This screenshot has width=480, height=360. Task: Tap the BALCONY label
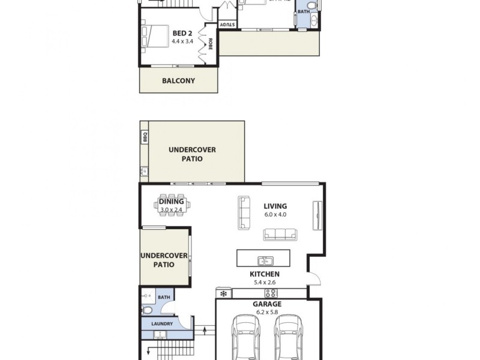point(179,80)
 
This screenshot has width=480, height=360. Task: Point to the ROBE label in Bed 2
point(211,44)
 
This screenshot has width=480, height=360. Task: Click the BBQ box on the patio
point(144,137)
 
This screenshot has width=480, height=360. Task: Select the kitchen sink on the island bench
point(265,260)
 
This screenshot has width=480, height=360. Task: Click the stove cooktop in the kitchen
point(271,293)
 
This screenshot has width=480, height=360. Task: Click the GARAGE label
point(268,304)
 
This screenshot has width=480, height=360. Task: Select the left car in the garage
point(246,339)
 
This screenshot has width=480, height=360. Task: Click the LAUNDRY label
point(162,324)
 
